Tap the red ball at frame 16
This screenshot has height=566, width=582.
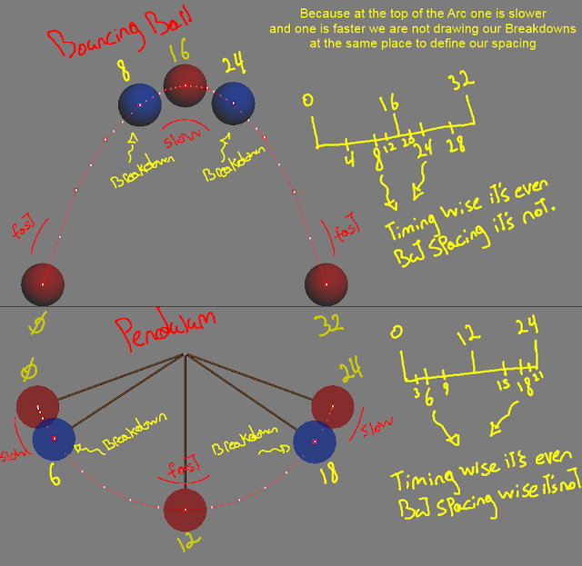[x=185, y=86]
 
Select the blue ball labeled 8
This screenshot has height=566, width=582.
[x=140, y=104]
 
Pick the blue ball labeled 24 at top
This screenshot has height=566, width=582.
[x=232, y=104]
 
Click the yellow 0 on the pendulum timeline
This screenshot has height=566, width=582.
[x=395, y=331]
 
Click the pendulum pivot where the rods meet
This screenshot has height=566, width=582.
[x=186, y=355]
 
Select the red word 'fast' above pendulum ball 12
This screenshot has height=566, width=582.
[x=184, y=471]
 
